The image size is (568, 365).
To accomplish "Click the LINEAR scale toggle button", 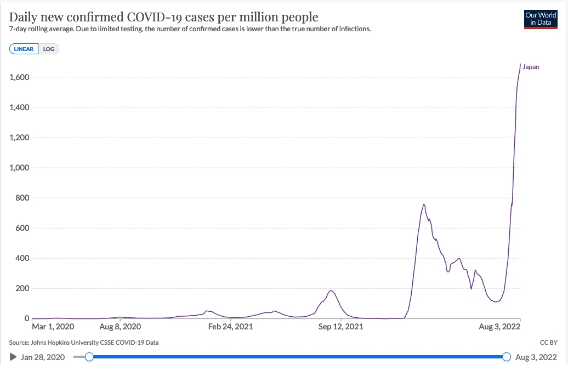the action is coord(24,49).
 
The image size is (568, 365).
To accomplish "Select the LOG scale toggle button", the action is coord(49,49).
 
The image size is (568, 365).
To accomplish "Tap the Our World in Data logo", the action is coord(541,19).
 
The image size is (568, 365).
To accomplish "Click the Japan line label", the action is coord(531,67).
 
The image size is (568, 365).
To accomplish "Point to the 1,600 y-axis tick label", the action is coord(19,77).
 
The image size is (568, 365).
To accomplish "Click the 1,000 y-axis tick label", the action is coord(19,168).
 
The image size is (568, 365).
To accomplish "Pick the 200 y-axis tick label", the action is coord(22,288).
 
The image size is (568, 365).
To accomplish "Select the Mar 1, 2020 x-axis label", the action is coord(53,327).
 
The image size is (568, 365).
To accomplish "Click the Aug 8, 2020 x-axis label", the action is coord(120,327).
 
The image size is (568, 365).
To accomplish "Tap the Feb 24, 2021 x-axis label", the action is coord(230,327).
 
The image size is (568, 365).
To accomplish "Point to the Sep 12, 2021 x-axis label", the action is coord(340,327).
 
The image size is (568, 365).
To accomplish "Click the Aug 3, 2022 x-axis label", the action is coord(499,327).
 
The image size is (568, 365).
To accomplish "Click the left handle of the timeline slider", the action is coord(89,357).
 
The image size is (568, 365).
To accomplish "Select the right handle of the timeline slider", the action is coord(507,357).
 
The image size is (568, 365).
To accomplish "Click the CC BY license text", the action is coord(548,342).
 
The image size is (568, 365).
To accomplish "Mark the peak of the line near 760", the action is coord(424,204).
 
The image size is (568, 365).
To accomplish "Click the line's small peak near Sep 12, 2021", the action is coord(331,290).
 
